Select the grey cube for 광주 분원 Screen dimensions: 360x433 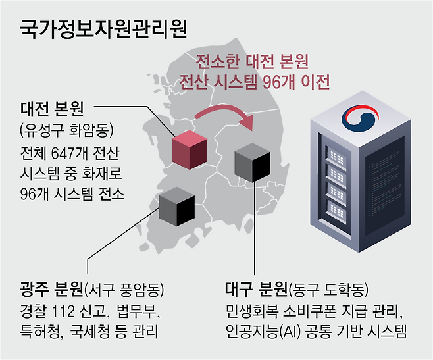(x=177, y=203)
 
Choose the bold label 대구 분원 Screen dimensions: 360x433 (x=256, y=289)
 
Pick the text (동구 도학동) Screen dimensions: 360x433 (x=329, y=289)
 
